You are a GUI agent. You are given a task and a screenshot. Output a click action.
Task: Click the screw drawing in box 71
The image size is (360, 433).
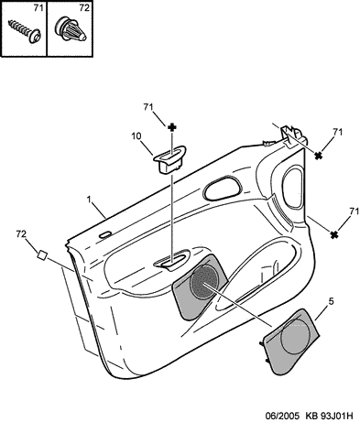point(25,31)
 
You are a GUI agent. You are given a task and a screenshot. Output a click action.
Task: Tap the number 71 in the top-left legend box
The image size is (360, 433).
point(38,8)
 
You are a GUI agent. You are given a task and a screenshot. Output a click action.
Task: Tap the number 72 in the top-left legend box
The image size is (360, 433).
point(84,8)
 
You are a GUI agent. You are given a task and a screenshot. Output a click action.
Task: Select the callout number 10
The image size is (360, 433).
point(136,136)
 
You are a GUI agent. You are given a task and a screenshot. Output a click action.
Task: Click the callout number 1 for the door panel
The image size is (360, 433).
point(89,200)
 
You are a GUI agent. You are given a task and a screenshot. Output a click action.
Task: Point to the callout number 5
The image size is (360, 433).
point(331,301)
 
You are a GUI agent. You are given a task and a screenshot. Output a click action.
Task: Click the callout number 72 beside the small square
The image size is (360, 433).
point(21,234)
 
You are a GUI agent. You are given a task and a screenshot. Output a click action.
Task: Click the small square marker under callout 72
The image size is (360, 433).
point(42,254)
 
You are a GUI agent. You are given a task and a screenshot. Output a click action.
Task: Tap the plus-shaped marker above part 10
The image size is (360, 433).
point(172,127)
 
